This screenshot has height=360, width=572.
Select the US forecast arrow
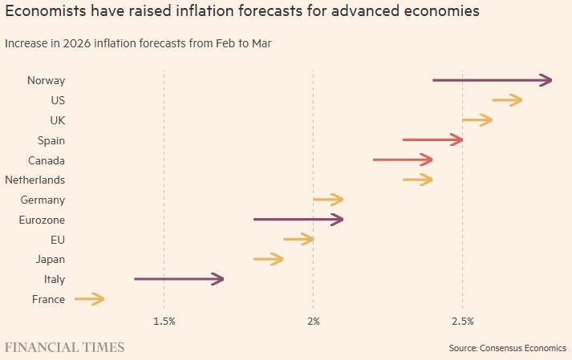click(507, 100)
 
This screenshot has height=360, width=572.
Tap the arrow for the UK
click(477, 120)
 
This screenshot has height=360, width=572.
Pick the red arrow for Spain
click(432, 140)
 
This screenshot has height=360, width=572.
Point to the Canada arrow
click(403, 160)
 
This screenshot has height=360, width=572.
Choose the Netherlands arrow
click(418, 180)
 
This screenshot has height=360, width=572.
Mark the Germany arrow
click(328, 200)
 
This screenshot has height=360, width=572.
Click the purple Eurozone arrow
click(298, 220)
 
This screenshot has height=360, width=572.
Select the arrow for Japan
click(269, 259)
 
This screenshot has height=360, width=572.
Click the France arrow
click(89, 299)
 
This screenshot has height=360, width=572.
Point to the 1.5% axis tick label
click(164, 321)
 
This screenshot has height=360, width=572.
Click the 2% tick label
click(313, 321)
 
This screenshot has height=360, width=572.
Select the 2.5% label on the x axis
click(462, 321)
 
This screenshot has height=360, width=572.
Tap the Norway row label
click(46, 80)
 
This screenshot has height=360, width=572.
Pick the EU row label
click(57, 240)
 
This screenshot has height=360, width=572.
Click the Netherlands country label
click(35, 180)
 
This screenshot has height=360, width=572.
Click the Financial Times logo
click(65, 347)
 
